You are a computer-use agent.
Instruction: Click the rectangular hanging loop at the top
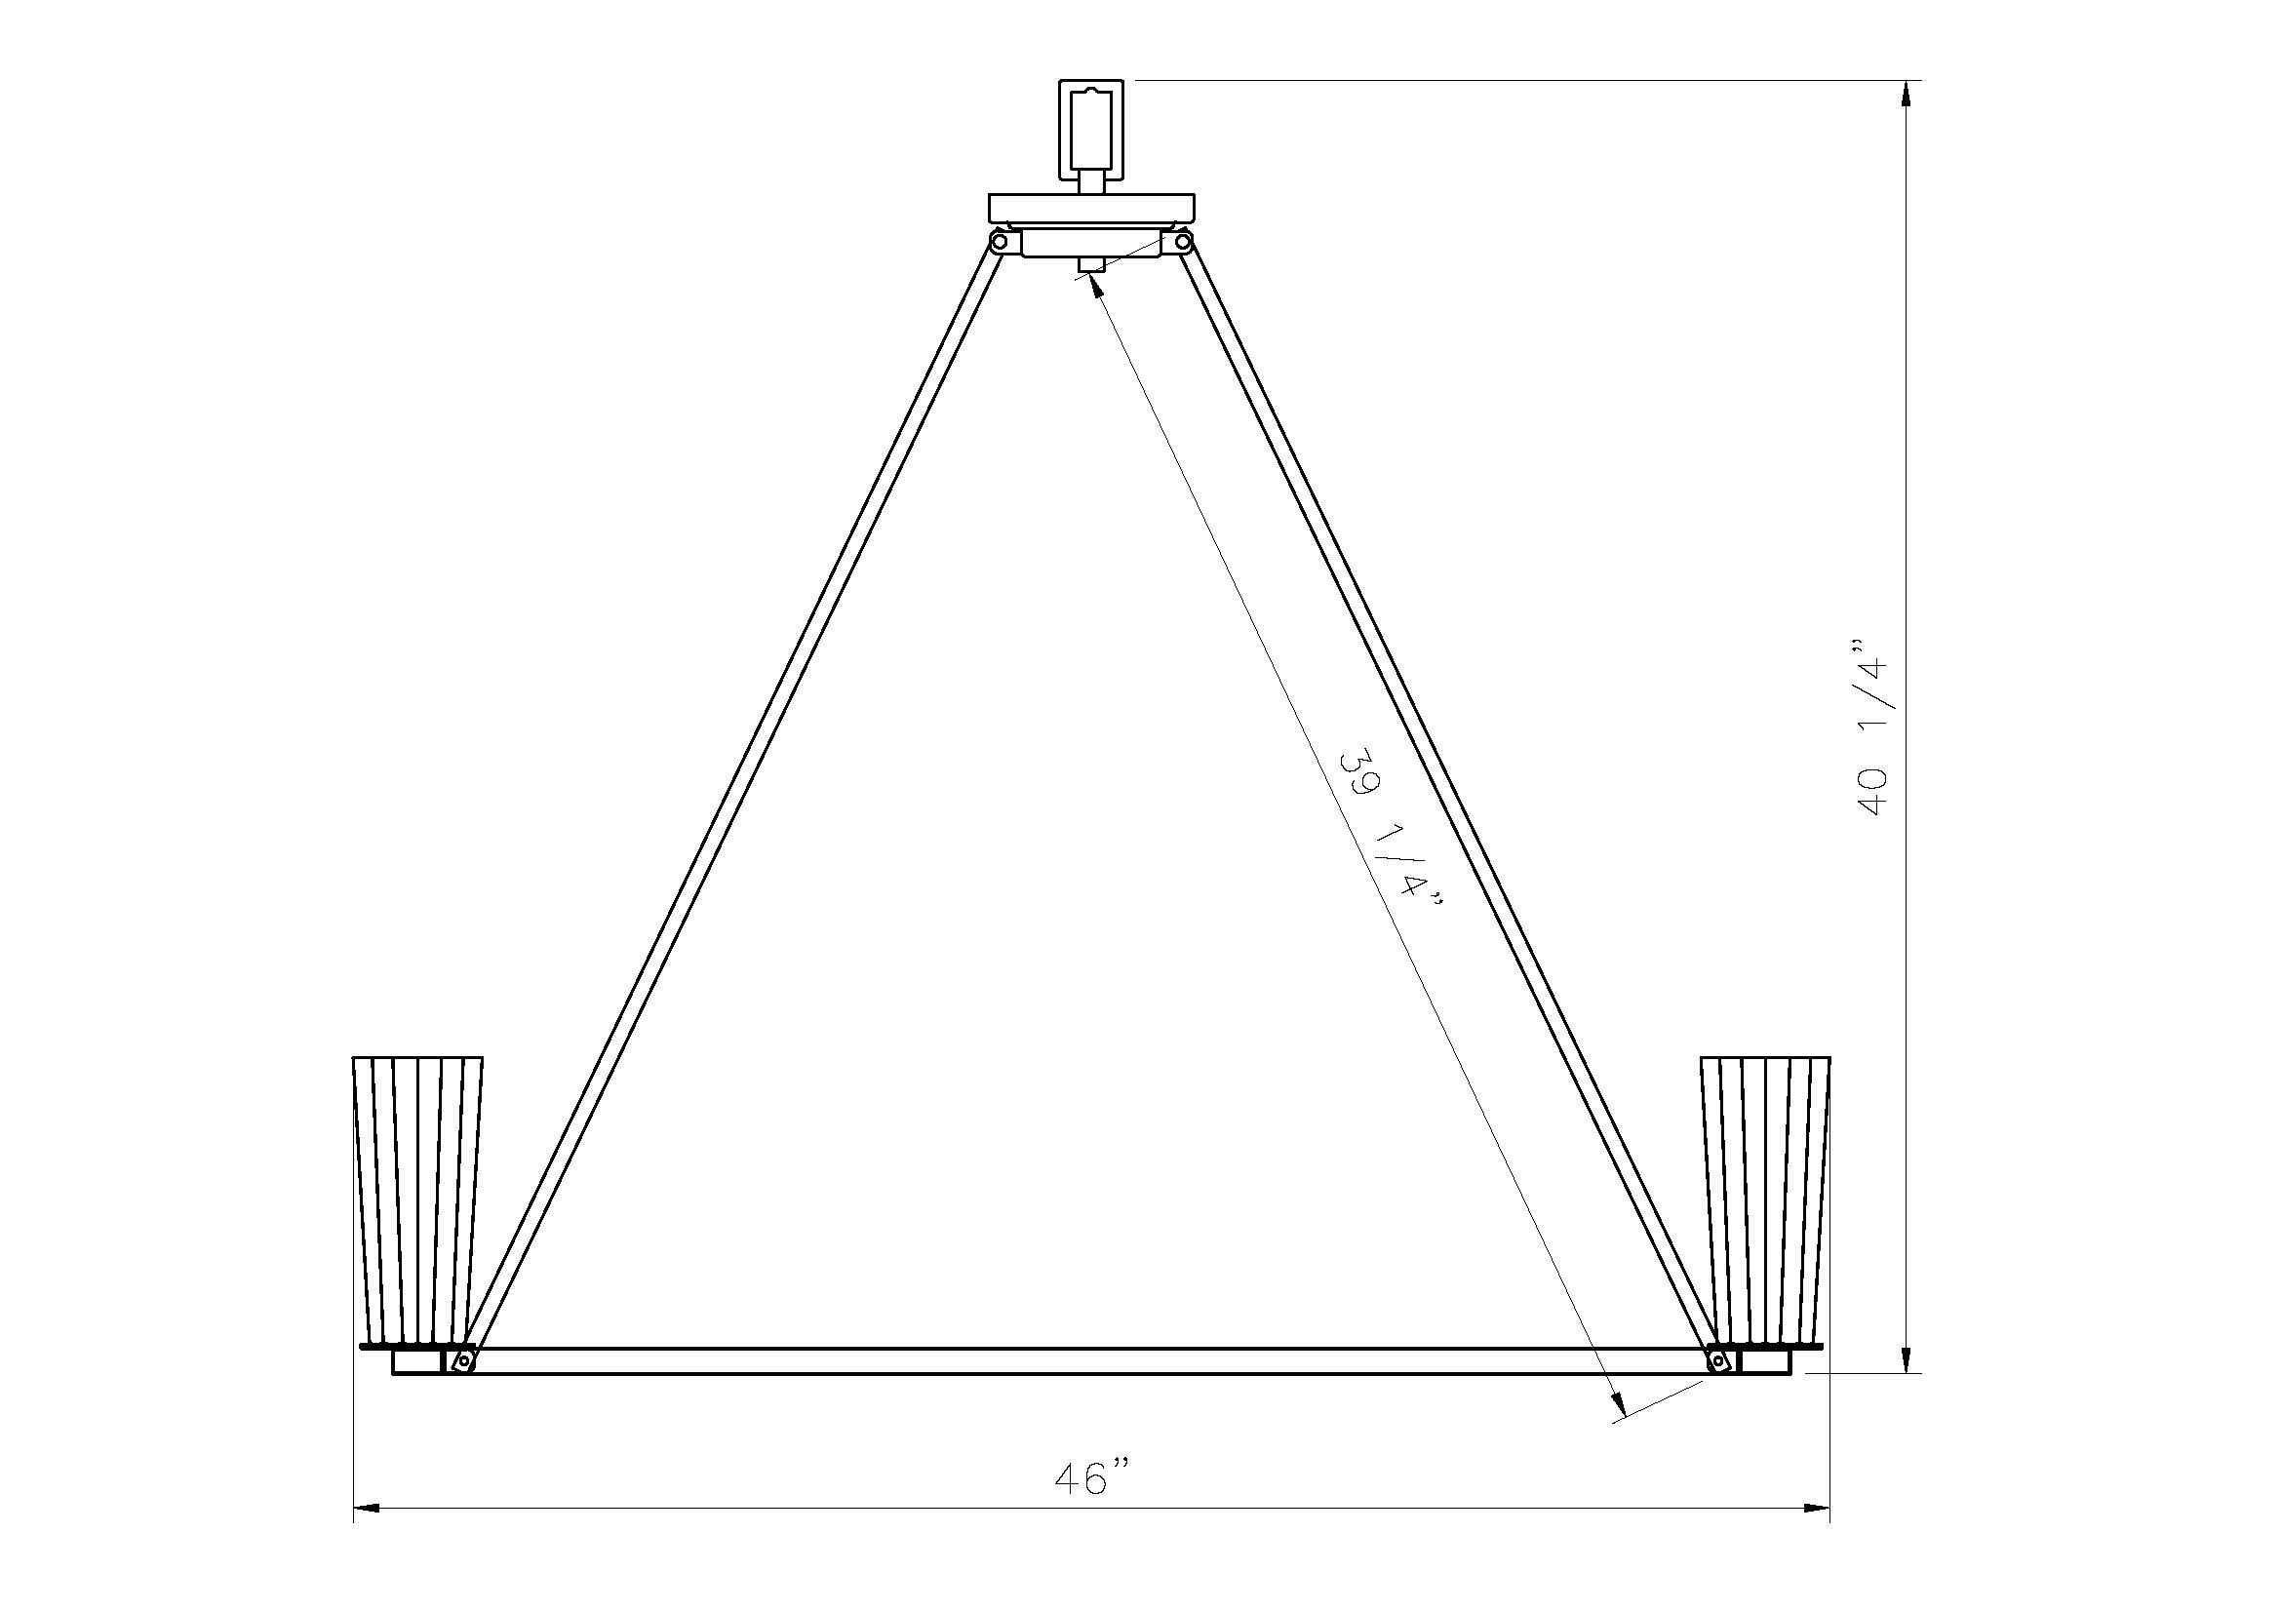point(1091,129)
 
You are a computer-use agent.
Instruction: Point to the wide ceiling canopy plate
point(1091,208)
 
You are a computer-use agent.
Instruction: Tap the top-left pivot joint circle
point(1000,241)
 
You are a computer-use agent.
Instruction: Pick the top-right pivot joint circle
point(1182,241)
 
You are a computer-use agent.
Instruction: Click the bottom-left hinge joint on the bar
point(462,1361)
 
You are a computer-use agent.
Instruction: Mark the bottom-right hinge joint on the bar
point(1717,1361)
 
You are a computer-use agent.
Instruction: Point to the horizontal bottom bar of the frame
point(1091,1361)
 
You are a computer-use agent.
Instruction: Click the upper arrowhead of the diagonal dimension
point(1096,286)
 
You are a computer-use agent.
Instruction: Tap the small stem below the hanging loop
point(1091,181)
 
